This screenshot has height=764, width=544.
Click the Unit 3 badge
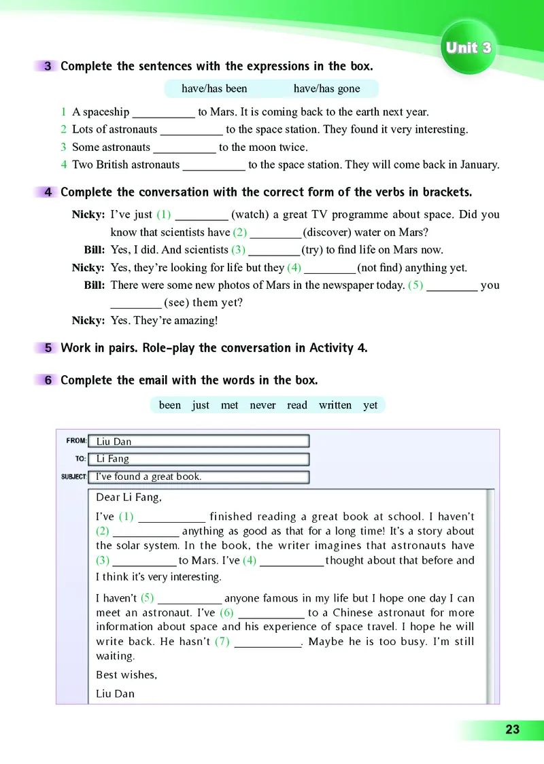click(469, 48)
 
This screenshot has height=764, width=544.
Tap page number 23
click(512, 730)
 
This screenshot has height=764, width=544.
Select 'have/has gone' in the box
click(326, 88)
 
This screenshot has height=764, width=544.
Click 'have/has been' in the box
click(214, 88)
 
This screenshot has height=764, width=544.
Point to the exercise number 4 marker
click(48, 192)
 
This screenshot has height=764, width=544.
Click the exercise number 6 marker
click(48, 380)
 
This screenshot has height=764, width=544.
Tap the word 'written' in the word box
click(335, 405)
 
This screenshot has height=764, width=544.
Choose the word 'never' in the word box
click(262, 405)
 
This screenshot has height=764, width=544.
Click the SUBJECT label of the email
click(73, 476)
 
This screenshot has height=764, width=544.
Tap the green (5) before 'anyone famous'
click(148, 598)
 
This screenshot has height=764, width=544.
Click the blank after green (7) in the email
click(268, 642)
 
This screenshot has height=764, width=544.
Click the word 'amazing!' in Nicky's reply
click(197, 321)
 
